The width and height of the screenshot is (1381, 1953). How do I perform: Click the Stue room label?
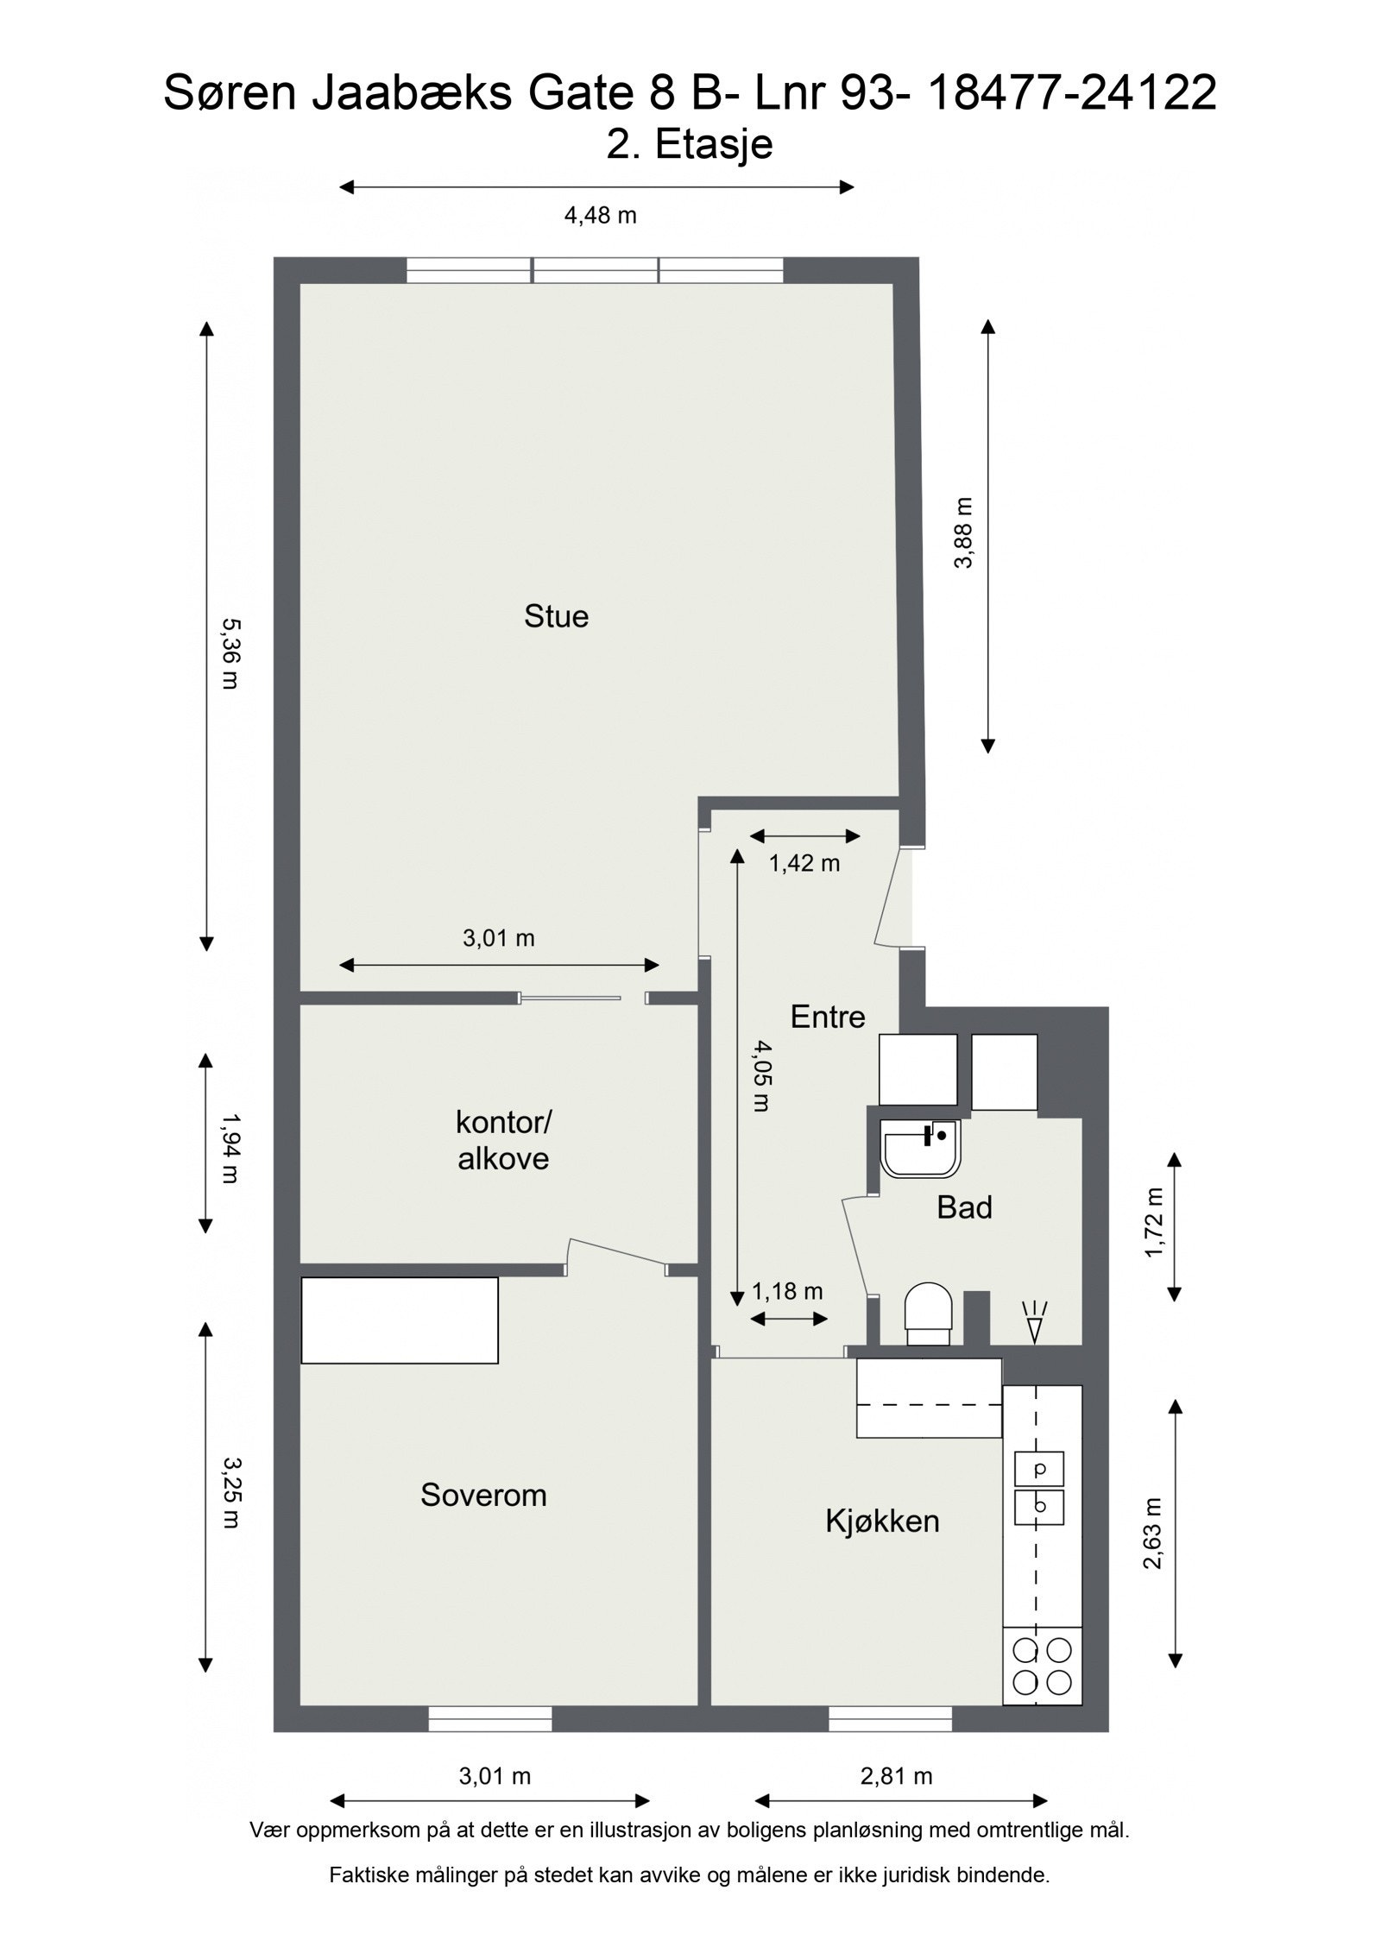(x=556, y=617)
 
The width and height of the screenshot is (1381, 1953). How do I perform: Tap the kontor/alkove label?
(x=503, y=1141)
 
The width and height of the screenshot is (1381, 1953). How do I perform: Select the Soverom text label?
(x=483, y=1495)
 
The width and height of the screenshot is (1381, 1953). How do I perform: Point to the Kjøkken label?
(x=882, y=1521)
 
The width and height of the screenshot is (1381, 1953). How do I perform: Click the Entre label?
(x=827, y=1017)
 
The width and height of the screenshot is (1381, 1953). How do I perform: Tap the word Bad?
(x=964, y=1207)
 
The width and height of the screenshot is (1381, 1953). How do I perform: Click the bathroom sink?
(x=920, y=1149)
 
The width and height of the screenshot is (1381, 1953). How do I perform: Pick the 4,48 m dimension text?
(x=600, y=216)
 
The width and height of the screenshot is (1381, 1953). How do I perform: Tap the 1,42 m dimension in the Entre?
(x=804, y=863)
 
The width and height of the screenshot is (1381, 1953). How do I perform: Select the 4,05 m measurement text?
(x=760, y=1075)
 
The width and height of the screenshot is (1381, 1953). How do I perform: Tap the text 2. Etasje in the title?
(x=689, y=144)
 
